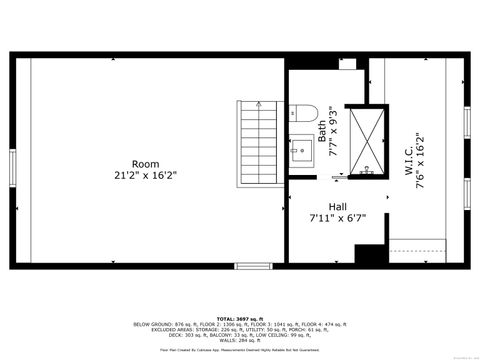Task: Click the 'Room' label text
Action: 145,163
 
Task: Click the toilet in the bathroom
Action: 307,113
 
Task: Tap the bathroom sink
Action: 299,153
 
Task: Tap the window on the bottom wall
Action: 251,265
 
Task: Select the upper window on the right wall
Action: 466,119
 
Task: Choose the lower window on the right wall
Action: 466,192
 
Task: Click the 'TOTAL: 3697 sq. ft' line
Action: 239,318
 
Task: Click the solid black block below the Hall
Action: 371,256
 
